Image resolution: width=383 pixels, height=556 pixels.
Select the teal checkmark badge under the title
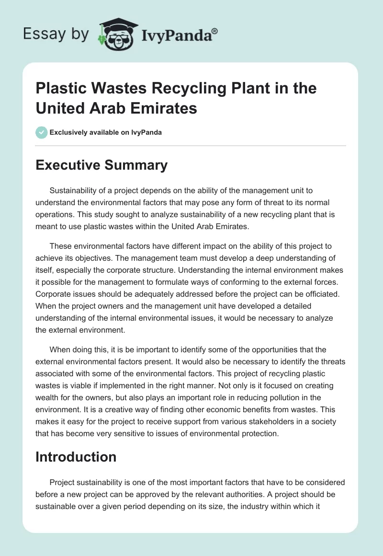coord(41,132)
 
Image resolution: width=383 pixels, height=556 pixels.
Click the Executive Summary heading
coord(101,165)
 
